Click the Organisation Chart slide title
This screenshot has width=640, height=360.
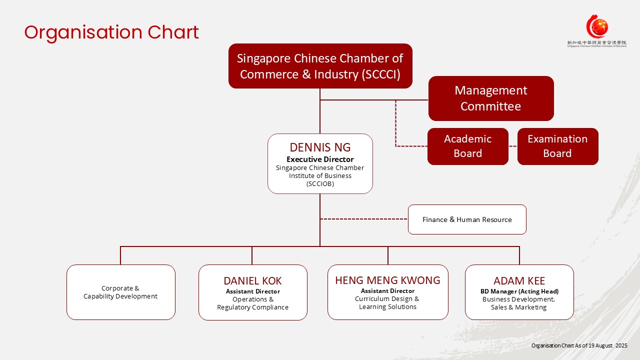pyautogui.click(x=111, y=32)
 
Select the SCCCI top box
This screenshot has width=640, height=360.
pyautogui.click(x=320, y=66)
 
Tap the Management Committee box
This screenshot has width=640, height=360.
pyautogui.click(x=490, y=98)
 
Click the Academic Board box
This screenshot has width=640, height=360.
pyautogui.click(x=467, y=146)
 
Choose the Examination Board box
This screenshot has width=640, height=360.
pyautogui.click(x=557, y=146)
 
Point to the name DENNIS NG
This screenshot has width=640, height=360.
pyautogui.click(x=320, y=147)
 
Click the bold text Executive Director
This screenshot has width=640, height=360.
pyautogui.click(x=320, y=159)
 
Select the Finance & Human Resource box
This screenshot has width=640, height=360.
pyautogui.click(x=467, y=219)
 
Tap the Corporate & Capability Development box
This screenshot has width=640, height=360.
pyautogui.click(x=120, y=292)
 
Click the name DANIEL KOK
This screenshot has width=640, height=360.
pyautogui.click(x=252, y=281)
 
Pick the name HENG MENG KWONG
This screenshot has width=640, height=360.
pyautogui.click(x=387, y=280)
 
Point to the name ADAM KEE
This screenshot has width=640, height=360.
pyautogui.click(x=519, y=281)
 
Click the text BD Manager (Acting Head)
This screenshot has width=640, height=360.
pyautogui.click(x=519, y=291)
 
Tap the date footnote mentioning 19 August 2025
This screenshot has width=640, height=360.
pyautogui.click(x=579, y=345)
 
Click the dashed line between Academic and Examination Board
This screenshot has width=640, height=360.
pyautogui.click(x=512, y=146)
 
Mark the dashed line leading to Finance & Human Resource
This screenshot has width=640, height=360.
pyautogui.click(x=364, y=219)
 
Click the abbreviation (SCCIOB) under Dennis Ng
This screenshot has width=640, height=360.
pyautogui.click(x=320, y=183)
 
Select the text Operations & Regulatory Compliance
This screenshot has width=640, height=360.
pyautogui.click(x=252, y=303)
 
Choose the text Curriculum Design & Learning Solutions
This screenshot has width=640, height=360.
pyautogui.click(x=387, y=302)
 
